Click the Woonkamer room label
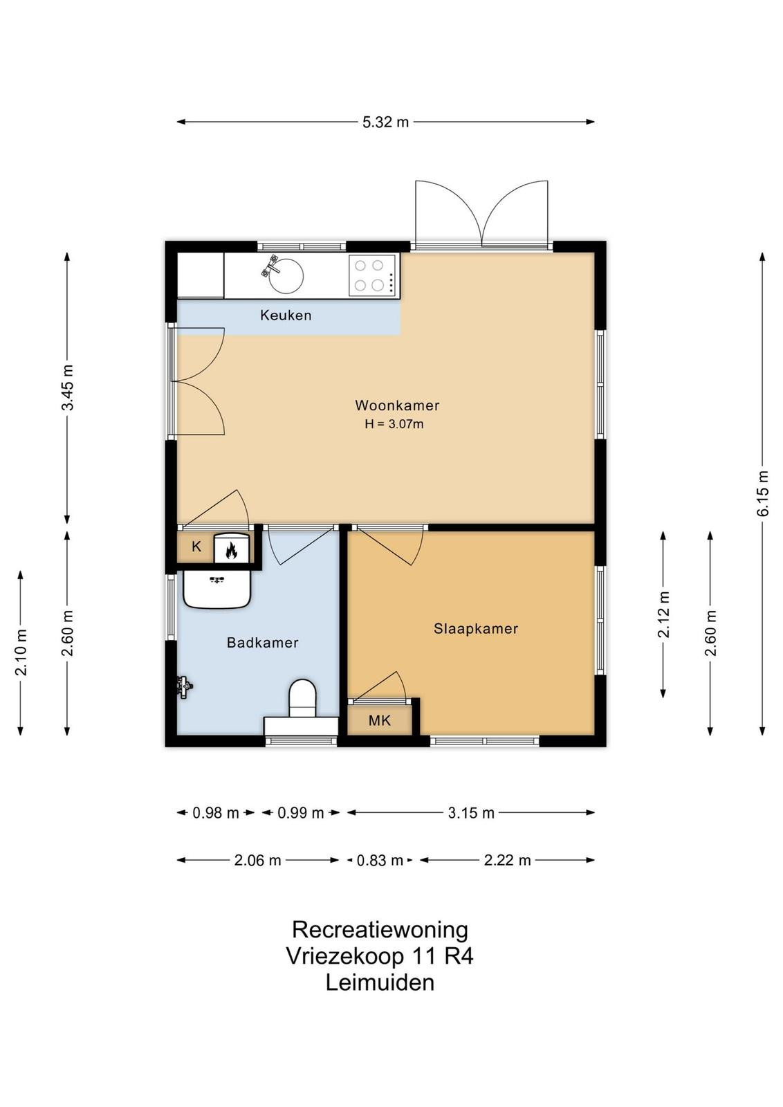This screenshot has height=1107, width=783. click(x=396, y=405)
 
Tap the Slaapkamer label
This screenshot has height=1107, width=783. click(x=476, y=629)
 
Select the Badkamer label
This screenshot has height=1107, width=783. click(x=262, y=643)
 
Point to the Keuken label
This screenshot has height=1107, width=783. click(x=286, y=315)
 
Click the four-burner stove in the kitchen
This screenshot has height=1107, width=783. click(x=373, y=275)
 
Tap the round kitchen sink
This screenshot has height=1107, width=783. click(x=285, y=275)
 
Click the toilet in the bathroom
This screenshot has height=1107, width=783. click(x=302, y=699)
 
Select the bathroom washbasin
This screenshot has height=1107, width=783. click(x=217, y=588)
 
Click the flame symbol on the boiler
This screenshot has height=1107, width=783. click(x=231, y=550)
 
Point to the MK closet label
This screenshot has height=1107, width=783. click(x=380, y=720)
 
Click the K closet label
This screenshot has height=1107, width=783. click(x=196, y=547)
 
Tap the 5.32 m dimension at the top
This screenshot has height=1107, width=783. click(x=385, y=122)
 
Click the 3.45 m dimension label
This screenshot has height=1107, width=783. click(x=67, y=387)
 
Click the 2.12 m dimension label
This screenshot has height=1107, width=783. click(x=663, y=614)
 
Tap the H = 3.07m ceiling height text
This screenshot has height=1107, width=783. click(x=394, y=424)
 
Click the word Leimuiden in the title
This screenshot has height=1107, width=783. click(x=380, y=982)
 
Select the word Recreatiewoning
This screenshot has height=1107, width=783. click(x=380, y=930)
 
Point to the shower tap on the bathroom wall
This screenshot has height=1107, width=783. click(x=184, y=687)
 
